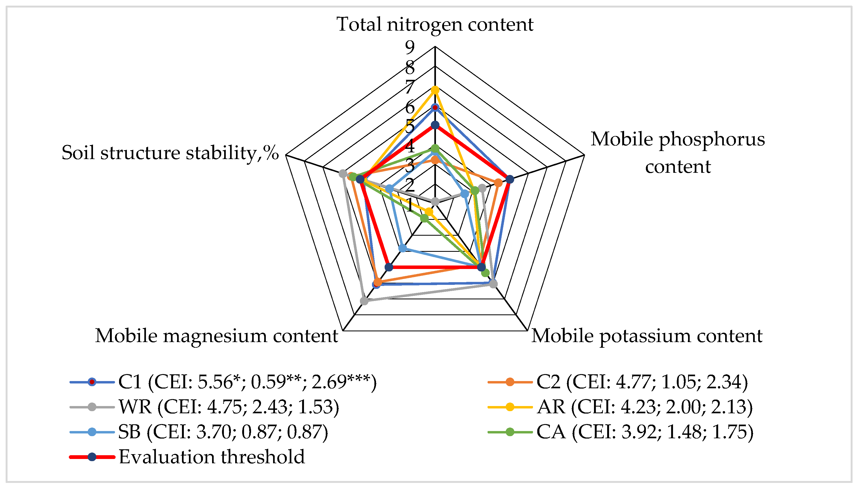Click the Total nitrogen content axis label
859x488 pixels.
[x=435, y=24]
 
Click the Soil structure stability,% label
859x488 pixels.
[x=170, y=153]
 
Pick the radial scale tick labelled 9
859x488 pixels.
[x=410, y=47]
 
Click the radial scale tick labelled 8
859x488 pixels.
[x=410, y=68]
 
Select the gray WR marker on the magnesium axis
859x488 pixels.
[x=364, y=301]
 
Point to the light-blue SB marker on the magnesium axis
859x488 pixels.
[x=403, y=248]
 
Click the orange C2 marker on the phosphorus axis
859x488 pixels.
[x=498, y=183]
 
